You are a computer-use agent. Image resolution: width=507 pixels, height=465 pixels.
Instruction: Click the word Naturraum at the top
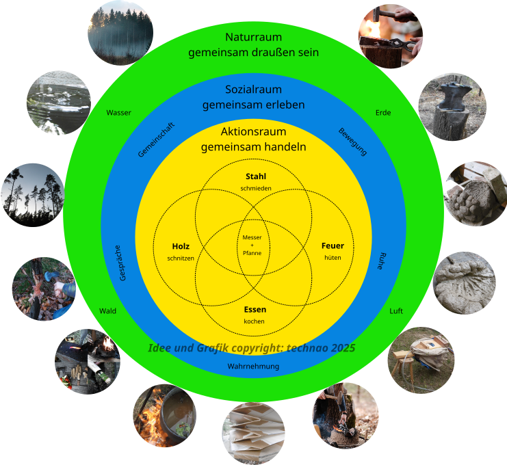[253, 37]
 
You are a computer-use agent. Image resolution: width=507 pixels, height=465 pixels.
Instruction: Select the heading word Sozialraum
[253, 90]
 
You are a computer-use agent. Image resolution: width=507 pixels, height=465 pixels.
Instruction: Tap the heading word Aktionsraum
[253, 131]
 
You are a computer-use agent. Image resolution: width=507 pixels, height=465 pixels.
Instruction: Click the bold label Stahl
[256, 176]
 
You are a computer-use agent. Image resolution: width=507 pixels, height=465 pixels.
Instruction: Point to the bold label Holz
[181, 246]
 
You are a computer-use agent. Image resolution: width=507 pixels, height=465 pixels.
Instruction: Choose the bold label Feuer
[333, 246]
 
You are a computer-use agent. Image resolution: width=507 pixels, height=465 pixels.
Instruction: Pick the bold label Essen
[255, 310]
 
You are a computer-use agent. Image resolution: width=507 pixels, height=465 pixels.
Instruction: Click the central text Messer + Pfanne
[252, 245]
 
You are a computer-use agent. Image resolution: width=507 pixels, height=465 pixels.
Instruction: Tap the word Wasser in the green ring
[119, 113]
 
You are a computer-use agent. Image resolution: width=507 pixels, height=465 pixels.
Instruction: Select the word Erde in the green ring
[383, 113]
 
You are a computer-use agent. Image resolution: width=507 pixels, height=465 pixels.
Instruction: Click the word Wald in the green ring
[108, 311]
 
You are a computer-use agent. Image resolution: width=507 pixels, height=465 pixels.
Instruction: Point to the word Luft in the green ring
[396, 311]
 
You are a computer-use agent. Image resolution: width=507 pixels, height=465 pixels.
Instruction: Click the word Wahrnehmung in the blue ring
[253, 367]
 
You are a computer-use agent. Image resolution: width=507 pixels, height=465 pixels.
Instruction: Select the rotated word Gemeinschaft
[156, 139]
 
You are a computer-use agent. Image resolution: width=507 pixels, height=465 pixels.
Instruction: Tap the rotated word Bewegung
[353, 141]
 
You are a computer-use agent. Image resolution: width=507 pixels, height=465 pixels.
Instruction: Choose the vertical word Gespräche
[122, 263]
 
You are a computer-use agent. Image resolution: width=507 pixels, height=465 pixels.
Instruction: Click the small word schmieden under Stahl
[256, 188]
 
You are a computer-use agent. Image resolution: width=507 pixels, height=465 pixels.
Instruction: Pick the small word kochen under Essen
[255, 321]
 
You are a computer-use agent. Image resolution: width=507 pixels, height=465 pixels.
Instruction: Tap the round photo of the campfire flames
[164, 415]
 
